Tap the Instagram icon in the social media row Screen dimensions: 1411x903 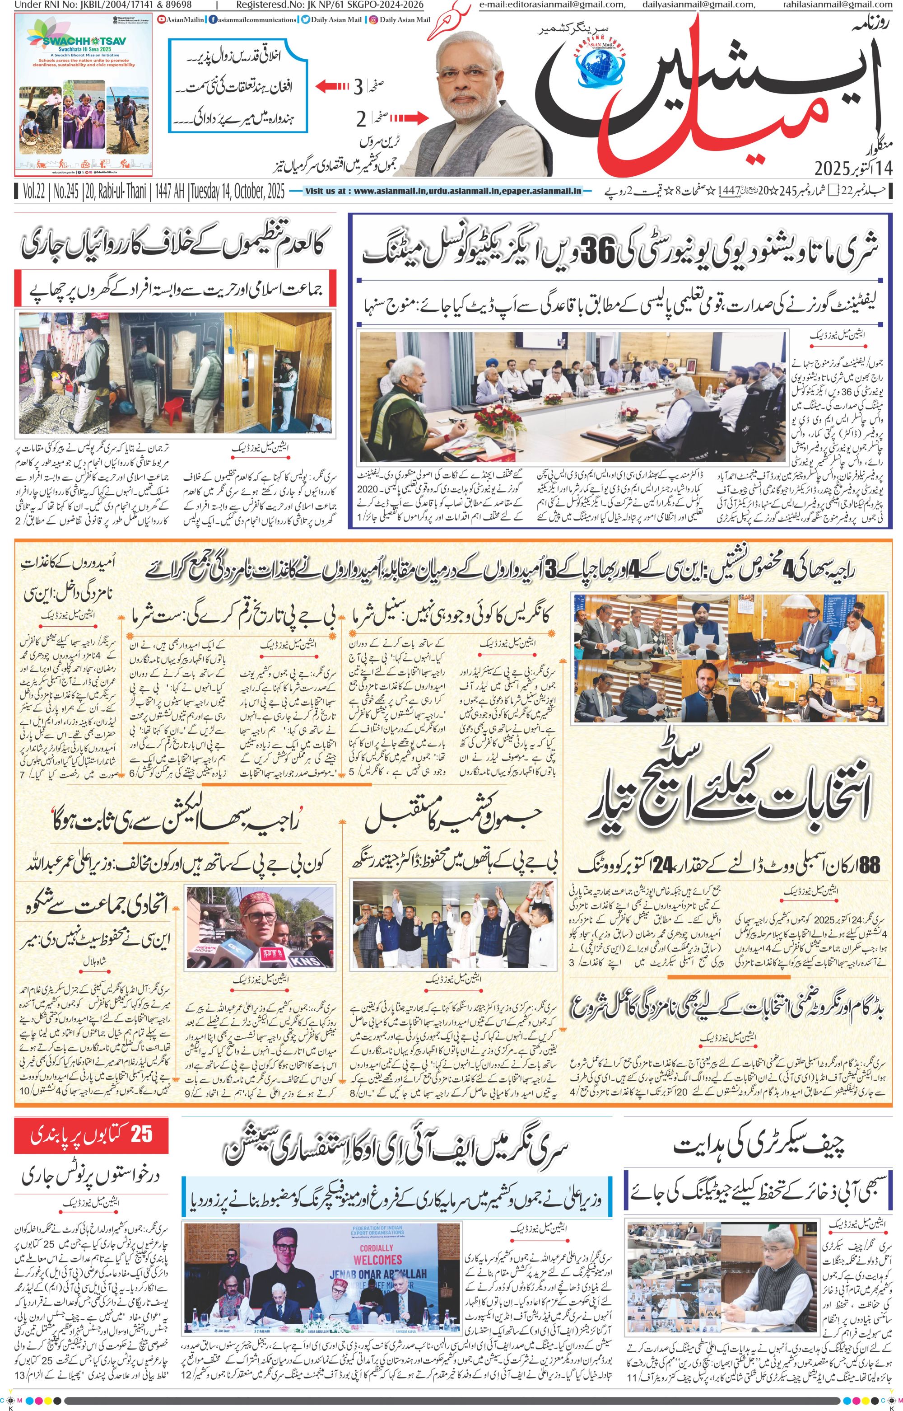373,20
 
